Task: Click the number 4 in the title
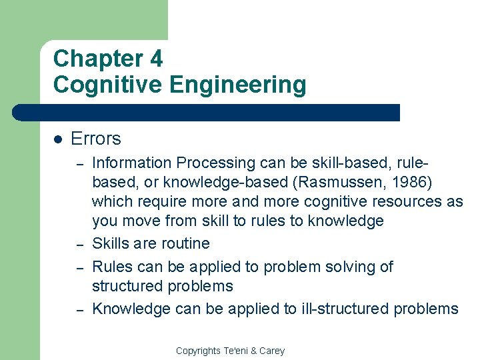155,59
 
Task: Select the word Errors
95,139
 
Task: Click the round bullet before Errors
58,139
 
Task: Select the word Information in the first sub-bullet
131,163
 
